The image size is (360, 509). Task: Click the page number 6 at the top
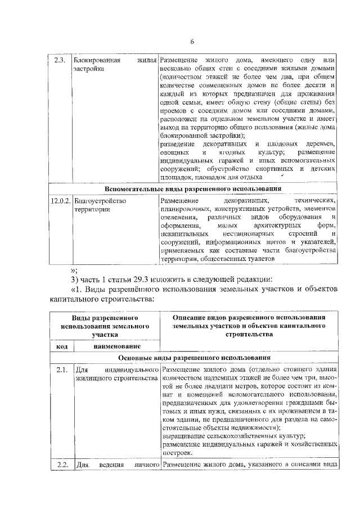point(191,42)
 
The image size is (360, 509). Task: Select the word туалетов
point(259,259)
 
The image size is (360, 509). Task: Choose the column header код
point(62,347)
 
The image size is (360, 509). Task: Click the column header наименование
point(117,347)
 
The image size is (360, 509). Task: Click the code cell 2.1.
point(62,370)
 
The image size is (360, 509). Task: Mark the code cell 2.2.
point(62,464)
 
